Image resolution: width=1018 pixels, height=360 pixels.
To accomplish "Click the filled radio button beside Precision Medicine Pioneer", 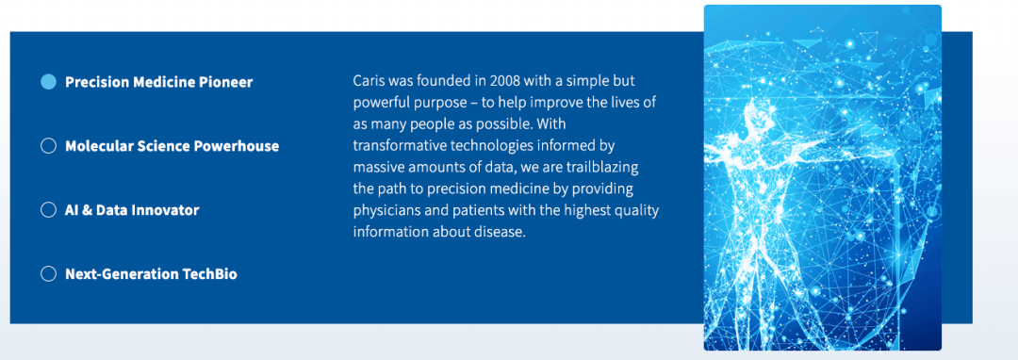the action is click(x=49, y=82).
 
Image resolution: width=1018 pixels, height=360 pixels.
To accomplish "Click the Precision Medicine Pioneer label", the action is click(x=159, y=82).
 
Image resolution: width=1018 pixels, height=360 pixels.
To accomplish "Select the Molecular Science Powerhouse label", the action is click(x=172, y=146).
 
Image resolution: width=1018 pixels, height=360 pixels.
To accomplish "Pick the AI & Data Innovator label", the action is click(x=132, y=210).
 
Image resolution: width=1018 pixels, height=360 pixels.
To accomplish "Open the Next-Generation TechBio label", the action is click(x=151, y=274).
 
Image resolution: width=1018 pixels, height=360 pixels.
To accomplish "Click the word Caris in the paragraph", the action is click(x=368, y=82).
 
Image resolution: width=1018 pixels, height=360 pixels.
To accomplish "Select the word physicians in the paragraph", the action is click(x=383, y=211).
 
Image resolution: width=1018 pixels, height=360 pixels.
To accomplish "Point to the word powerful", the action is click(x=378, y=103).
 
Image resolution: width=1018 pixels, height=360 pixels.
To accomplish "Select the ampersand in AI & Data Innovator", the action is click(x=87, y=210).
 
